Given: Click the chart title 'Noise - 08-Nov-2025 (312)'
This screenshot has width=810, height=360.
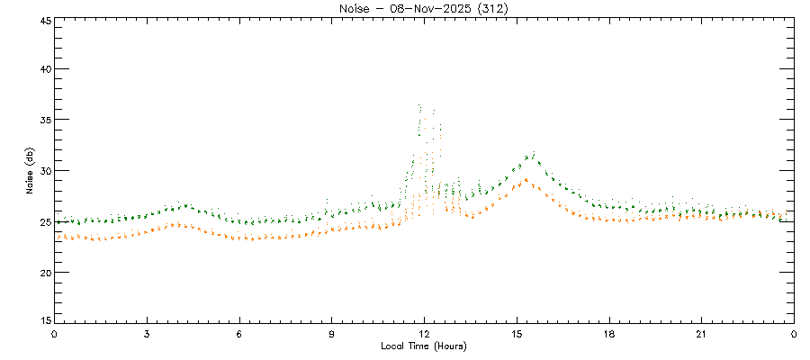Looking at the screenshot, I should pyautogui.click(x=423, y=8).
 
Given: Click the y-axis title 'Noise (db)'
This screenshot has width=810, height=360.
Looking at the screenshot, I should pyautogui.click(x=29, y=170).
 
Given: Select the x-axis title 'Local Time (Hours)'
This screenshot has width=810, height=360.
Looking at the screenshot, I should pyautogui.click(x=423, y=346).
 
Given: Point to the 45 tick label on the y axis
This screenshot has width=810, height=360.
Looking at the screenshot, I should pyautogui.click(x=42, y=20).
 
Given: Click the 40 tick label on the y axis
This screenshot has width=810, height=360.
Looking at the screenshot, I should pyautogui.click(x=42, y=69).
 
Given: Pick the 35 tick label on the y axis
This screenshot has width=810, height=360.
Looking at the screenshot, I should pyautogui.click(x=42, y=120).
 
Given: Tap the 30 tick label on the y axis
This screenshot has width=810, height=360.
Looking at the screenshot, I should pyautogui.click(x=42, y=171).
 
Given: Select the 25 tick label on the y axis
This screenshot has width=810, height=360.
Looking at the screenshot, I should pyautogui.click(x=42, y=221).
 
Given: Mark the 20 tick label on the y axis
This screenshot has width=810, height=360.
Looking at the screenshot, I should pyautogui.click(x=42, y=272).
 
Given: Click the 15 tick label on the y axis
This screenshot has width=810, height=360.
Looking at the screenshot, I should pyautogui.click(x=42, y=321).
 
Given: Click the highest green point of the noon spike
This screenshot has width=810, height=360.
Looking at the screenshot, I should pyautogui.click(x=420, y=105).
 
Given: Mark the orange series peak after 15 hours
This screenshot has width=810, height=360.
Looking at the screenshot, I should pyautogui.click(x=525, y=179).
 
